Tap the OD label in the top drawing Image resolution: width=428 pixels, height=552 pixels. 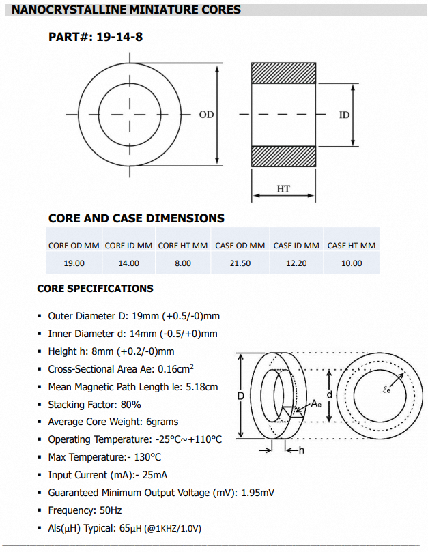pos(206,115)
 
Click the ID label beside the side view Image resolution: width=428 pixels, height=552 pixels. pos(344,115)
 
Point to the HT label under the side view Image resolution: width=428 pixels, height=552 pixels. pos(283,188)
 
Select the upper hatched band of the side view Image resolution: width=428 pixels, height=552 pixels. pos(285,73)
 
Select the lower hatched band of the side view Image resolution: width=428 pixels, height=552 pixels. pos(285,156)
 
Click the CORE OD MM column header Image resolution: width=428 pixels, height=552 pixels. pos(74,246)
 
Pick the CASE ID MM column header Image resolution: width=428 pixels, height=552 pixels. pos(296,246)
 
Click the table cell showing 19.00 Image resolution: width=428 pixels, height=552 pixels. pos(74,263)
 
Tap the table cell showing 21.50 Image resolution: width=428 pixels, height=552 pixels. pos(240,263)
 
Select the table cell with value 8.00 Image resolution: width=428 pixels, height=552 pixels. pos(182,263)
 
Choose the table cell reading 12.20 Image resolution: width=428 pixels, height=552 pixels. pos(296,263)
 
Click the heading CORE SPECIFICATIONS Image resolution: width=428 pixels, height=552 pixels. pos(95,289)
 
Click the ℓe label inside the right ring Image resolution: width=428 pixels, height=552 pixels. pos(386,390)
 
